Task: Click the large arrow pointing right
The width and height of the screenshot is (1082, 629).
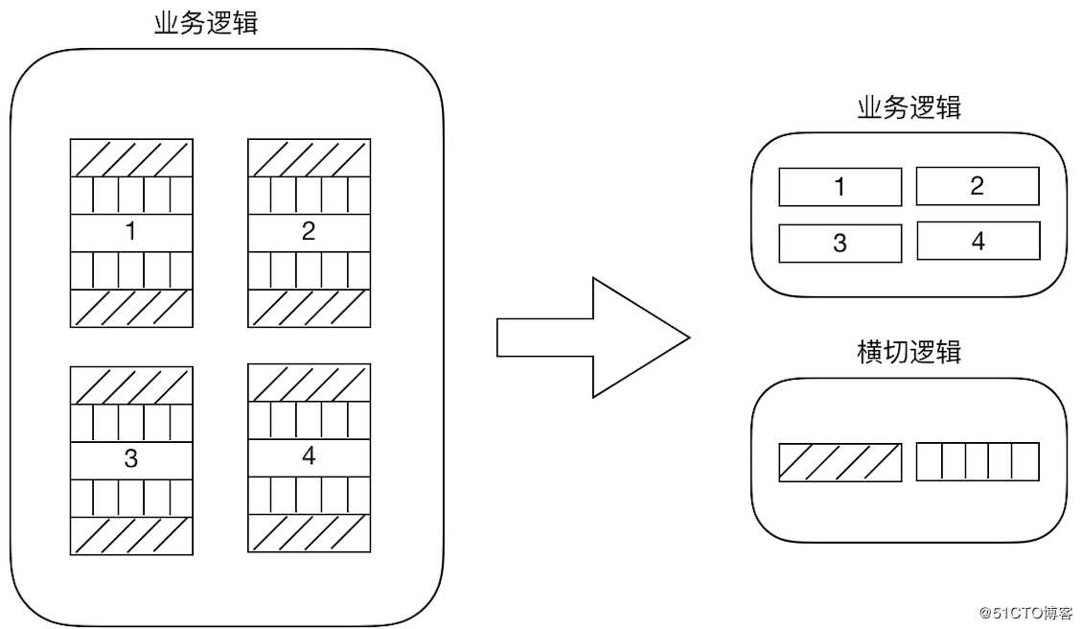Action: (x=593, y=338)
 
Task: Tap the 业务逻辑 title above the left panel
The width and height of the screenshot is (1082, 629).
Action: (x=206, y=23)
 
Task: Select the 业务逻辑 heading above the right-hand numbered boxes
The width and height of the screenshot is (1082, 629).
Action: (x=909, y=107)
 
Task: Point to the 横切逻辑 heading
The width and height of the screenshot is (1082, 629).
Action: (x=909, y=352)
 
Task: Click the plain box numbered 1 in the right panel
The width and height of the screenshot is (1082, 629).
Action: (x=840, y=186)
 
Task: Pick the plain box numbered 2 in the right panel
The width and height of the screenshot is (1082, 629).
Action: (x=978, y=186)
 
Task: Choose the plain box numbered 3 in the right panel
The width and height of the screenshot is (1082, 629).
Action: (x=840, y=243)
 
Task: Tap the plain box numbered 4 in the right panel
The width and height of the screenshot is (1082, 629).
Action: (x=978, y=241)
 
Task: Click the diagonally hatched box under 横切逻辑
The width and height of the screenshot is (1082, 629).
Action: (x=840, y=462)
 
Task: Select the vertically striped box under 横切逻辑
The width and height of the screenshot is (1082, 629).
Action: (x=978, y=461)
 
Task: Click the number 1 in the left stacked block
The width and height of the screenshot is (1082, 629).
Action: (x=130, y=231)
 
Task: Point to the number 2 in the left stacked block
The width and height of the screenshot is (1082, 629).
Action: (x=309, y=231)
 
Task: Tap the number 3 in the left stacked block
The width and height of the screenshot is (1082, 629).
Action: (x=130, y=458)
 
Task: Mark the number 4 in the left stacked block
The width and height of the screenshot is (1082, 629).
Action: (x=309, y=455)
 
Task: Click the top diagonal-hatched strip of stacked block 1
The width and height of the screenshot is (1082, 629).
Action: (x=131, y=158)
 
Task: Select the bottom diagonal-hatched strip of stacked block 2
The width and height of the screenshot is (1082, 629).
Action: (x=310, y=308)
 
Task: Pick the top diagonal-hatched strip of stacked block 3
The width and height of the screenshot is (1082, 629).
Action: (x=131, y=385)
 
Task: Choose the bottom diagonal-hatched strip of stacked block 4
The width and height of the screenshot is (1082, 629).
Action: (x=310, y=533)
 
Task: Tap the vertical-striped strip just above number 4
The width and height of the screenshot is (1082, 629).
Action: (x=310, y=420)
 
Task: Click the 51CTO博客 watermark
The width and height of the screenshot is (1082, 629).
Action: (x=1025, y=613)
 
